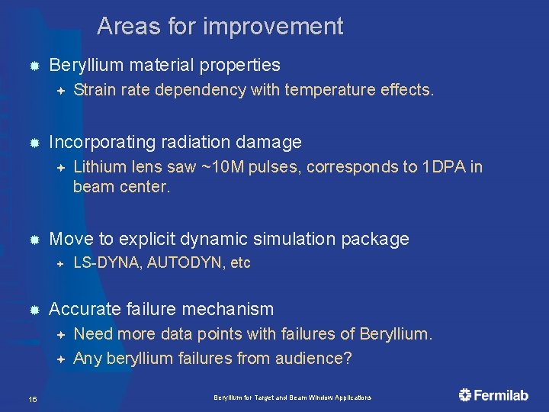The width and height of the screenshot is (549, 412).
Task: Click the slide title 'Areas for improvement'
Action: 220,27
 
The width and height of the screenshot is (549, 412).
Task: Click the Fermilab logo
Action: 493,394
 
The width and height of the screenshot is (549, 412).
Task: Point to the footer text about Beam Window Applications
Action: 292,398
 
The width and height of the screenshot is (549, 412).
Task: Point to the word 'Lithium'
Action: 99,167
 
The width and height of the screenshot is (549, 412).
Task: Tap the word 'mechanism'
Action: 233,309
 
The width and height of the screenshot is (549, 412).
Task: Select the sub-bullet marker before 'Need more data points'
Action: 60,334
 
